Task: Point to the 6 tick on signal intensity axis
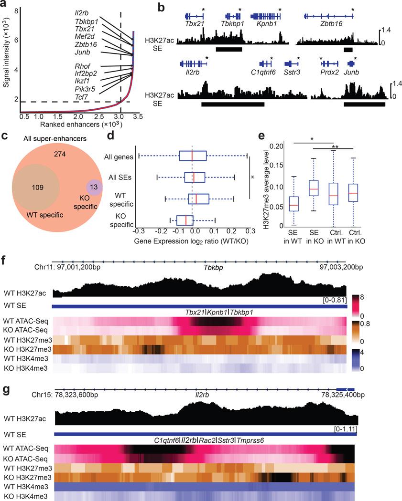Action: tap(15, 41)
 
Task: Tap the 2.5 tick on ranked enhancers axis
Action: tap(100, 116)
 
